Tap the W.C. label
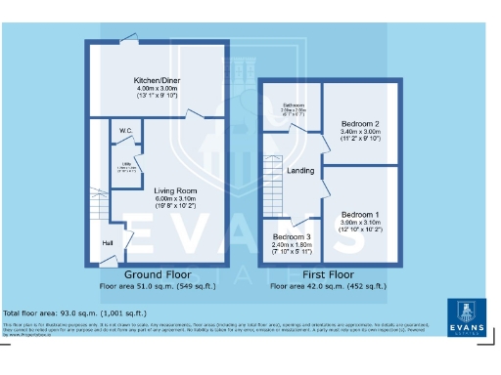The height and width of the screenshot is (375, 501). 126,130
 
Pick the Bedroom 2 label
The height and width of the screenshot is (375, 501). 360,124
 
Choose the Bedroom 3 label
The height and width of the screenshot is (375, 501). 293,237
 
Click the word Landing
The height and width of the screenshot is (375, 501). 299,172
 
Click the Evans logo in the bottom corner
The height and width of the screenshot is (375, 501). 465,317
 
